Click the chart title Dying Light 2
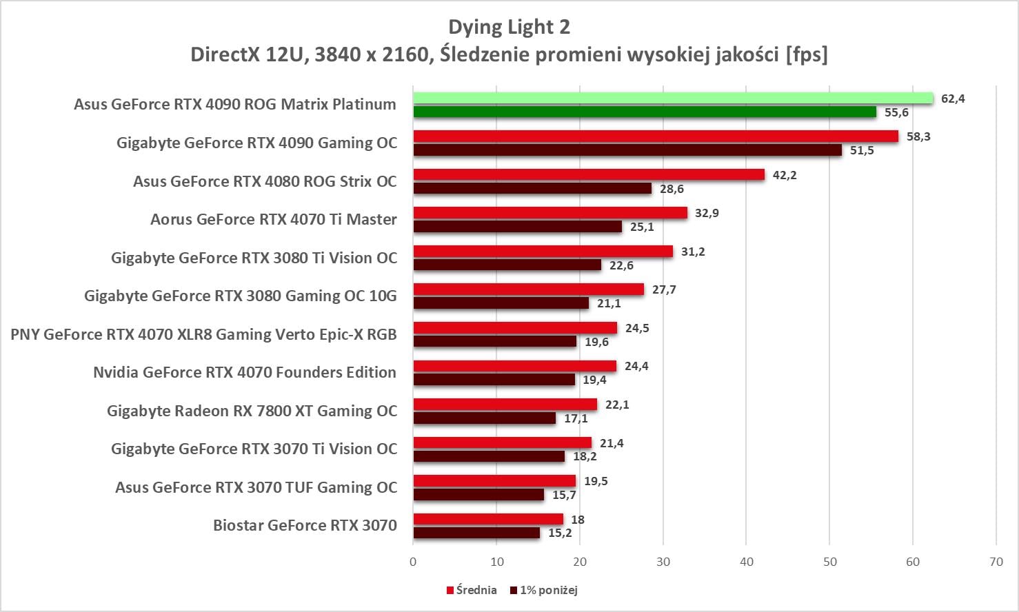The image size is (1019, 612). [509, 27]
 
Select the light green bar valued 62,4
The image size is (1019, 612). [673, 99]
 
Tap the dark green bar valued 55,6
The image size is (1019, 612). [645, 112]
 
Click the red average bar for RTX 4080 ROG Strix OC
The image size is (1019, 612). [589, 175]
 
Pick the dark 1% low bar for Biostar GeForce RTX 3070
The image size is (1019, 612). [476, 533]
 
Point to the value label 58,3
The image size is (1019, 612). [918, 136]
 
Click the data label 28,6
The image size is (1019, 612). [672, 189]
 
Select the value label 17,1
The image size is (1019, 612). [576, 418]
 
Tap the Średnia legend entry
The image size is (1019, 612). [472, 590]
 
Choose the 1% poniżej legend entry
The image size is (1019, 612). [544, 590]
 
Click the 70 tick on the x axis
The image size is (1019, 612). [996, 562]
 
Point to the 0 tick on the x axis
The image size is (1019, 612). [413, 562]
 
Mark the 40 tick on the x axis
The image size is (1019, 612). [747, 562]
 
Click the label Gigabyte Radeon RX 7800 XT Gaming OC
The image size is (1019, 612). [252, 411]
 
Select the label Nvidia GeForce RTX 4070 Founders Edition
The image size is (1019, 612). [245, 372]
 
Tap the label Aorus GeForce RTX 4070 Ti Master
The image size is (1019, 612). [274, 219]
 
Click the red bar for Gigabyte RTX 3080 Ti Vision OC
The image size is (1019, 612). [543, 252]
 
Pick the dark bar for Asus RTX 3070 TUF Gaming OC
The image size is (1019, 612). [478, 495]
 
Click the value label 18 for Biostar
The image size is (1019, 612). [578, 520]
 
